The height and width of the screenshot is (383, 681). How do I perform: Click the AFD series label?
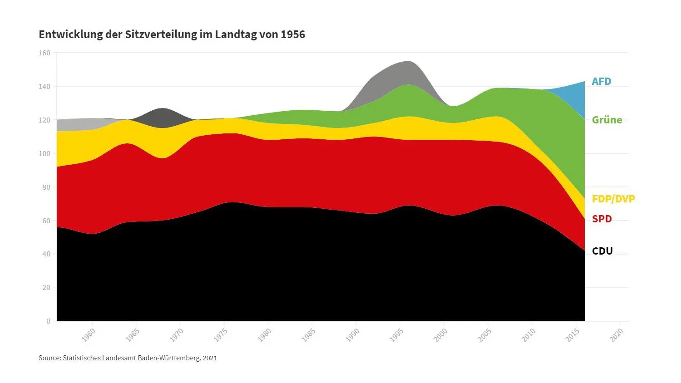point(601,82)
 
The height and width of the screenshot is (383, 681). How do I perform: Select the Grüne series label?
point(607,120)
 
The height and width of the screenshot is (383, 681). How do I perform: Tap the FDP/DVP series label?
point(613,199)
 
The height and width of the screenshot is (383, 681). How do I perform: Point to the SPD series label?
point(602,219)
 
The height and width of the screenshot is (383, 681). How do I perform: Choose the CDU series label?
point(602,251)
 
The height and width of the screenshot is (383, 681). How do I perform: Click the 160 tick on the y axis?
point(44,53)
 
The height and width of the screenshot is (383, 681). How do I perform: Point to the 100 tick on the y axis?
point(44,154)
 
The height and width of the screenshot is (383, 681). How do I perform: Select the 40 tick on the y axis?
point(46,254)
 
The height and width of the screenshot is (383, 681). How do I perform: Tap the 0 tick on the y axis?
point(48,321)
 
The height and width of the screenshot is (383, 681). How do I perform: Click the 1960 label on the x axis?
point(89,335)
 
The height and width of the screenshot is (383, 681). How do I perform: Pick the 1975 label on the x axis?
point(221,335)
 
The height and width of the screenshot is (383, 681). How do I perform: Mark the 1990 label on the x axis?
point(352,335)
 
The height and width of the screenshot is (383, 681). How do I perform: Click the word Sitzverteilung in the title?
point(161,34)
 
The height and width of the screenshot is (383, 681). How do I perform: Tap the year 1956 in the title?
point(292,34)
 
